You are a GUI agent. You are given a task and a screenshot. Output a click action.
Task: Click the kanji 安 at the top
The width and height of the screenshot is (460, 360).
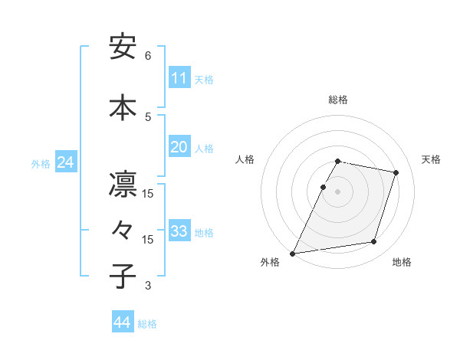123,48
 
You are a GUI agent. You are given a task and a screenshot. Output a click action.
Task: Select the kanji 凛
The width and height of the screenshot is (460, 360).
123,186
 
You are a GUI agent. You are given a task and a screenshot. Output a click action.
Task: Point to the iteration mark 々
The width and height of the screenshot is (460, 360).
123,231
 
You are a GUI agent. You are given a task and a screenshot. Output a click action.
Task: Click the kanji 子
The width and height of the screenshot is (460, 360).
123,276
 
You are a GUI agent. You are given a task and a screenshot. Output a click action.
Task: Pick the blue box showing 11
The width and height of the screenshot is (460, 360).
179,78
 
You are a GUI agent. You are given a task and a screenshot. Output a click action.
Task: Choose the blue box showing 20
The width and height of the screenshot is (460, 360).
179,147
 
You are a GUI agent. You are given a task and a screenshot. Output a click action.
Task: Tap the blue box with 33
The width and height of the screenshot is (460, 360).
179,231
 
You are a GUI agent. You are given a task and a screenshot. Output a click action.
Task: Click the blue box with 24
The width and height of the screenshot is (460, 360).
65,162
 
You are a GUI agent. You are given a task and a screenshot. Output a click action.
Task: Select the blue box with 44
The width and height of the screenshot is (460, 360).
123,322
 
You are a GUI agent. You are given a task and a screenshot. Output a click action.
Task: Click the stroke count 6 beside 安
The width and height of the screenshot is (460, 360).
148,56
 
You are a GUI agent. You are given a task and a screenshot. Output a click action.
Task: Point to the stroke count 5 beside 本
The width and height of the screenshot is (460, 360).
148,116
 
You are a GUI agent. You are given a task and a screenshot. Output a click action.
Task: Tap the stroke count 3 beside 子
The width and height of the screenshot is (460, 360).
148,286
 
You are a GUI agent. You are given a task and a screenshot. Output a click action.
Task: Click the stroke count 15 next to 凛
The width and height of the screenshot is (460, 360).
148,193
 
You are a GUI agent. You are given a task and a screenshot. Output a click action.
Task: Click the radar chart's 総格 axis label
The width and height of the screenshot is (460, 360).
338,100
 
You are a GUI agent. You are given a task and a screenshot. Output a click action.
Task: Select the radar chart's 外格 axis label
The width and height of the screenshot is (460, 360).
270,262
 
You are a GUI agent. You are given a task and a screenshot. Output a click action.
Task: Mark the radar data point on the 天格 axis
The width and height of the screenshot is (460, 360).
396,173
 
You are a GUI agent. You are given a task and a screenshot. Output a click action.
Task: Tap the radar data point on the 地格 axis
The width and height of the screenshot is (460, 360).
374,242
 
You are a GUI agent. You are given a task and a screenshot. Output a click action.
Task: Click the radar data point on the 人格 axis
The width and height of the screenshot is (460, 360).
323,187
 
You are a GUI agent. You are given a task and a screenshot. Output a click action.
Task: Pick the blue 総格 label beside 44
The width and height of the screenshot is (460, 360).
147,324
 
